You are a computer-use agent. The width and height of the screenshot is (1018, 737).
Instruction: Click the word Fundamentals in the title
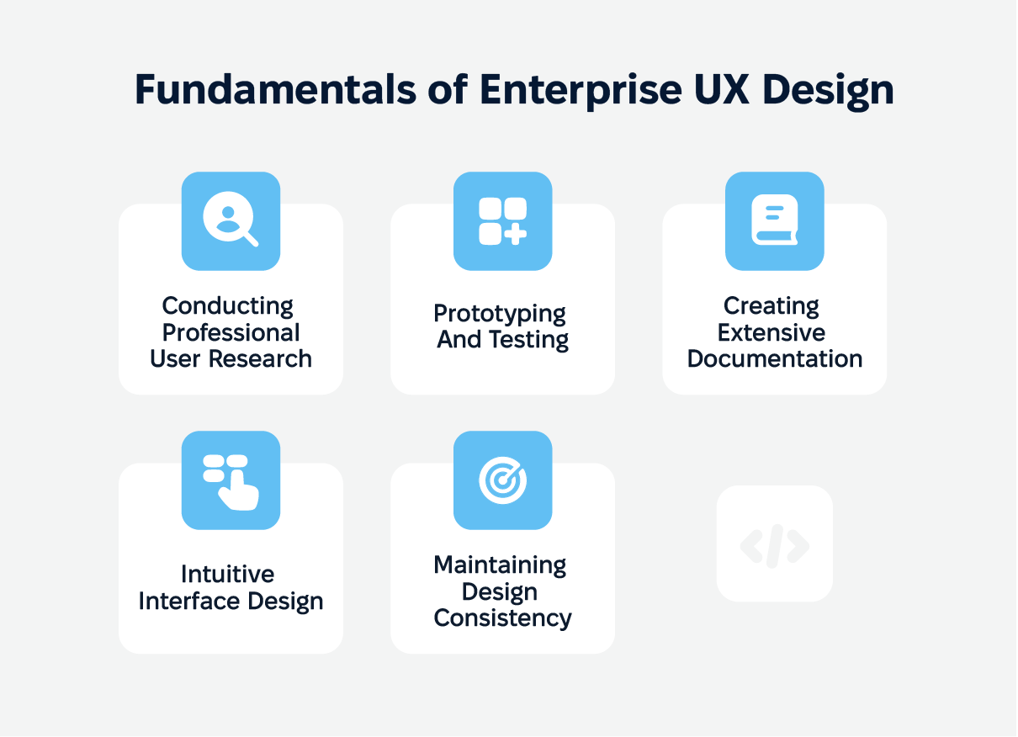coord(276,89)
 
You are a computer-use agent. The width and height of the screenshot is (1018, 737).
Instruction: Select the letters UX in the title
coord(722,89)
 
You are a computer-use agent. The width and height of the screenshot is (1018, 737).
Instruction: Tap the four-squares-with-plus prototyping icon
coord(502,221)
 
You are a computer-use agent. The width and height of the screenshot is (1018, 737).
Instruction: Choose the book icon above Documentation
coord(775,220)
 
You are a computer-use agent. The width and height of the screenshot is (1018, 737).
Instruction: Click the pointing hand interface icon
coord(231,482)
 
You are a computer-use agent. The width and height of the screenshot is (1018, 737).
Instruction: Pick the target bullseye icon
coord(502,480)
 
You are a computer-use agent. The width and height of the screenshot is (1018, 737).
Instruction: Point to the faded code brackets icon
coord(775,546)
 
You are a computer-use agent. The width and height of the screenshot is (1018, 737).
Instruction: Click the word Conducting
coord(228,306)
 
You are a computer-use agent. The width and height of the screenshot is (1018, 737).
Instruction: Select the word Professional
coord(231,332)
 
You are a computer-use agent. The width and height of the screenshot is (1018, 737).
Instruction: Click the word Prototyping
coord(500,314)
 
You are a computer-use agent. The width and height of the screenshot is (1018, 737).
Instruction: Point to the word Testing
coord(529,340)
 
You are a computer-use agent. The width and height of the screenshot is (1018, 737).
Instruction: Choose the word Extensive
coord(771,332)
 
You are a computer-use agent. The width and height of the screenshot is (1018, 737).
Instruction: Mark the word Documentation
coord(775,359)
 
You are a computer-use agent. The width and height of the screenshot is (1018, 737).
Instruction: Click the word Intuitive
coord(228,574)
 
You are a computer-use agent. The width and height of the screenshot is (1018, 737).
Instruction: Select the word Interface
coord(189,602)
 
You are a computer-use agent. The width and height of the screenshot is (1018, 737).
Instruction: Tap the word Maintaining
coord(500,566)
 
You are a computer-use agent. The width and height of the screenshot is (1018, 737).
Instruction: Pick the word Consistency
coord(502,618)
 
